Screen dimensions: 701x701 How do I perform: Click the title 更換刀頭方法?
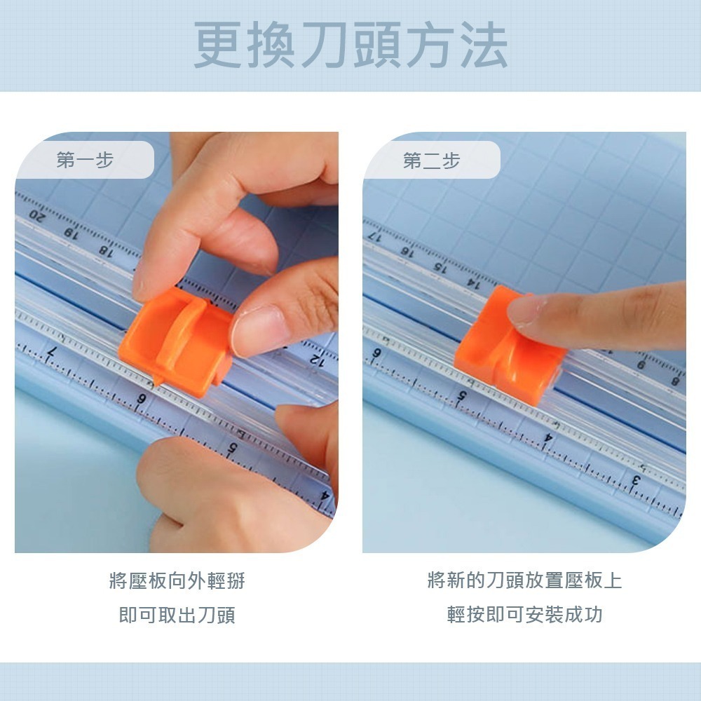tap(350, 46)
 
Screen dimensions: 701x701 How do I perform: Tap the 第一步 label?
tap(85, 161)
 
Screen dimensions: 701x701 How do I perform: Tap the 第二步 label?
tap(431, 161)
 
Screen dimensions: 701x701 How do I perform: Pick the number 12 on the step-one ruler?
tap(316, 360)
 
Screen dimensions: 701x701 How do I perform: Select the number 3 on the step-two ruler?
tap(637, 481)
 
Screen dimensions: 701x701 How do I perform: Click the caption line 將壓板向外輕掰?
tap(177, 580)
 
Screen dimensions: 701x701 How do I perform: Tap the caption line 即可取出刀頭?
tap(177, 615)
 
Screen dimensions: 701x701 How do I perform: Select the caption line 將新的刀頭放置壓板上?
tap(524, 580)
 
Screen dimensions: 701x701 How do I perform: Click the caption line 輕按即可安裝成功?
tap(524, 615)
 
